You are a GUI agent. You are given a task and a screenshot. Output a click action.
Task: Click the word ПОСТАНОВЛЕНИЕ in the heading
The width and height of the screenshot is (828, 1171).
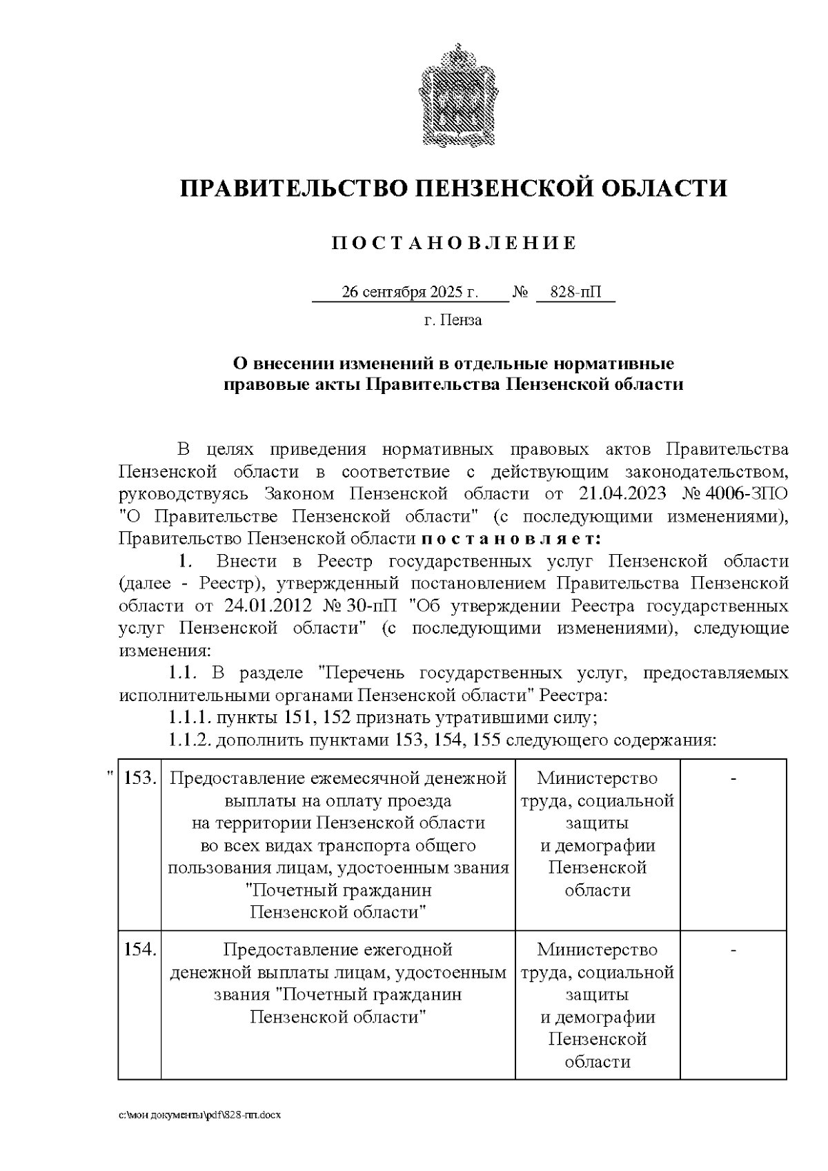click(x=453, y=243)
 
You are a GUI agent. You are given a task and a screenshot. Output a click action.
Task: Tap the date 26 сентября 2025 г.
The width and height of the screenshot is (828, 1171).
click(x=410, y=293)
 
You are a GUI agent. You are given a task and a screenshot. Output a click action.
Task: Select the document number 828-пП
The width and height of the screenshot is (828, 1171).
click(x=575, y=293)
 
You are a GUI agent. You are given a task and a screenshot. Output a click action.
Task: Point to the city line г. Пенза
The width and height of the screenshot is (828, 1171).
click(x=453, y=320)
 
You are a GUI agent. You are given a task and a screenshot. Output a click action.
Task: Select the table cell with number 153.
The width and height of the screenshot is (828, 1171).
click(x=140, y=778)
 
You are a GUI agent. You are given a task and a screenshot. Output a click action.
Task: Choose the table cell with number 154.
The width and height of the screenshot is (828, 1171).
click(x=140, y=949)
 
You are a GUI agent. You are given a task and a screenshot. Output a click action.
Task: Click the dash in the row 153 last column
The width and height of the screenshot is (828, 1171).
click(x=733, y=778)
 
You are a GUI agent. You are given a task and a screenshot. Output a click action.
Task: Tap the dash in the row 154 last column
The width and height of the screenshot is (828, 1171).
click(x=733, y=950)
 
